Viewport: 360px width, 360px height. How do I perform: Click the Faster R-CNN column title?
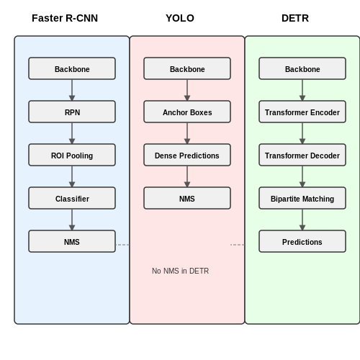[x=65, y=18]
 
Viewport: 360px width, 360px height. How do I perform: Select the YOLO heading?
[x=180, y=18]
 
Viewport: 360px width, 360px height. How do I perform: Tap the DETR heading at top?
[x=295, y=18]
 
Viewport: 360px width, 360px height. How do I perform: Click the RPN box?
[x=72, y=112]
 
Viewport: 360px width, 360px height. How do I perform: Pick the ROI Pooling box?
[x=72, y=155]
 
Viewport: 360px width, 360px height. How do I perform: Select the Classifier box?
[x=72, y=198]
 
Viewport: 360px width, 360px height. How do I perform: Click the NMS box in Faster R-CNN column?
[x=72, y=241]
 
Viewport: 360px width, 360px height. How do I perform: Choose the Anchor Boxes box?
[x=187, y=112]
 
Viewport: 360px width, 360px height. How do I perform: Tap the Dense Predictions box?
[x=187, y=155]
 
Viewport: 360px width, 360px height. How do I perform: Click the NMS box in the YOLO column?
[x=187, y=198]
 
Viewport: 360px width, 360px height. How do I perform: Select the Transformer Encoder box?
[x=302, y=112]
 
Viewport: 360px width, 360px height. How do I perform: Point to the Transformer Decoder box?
[x=302, y=155]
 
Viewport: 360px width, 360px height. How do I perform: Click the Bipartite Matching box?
[x=302, y=198]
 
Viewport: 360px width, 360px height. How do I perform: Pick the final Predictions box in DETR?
[x=302, y=241]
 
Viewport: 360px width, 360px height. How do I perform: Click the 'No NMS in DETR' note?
[x=180, y=271]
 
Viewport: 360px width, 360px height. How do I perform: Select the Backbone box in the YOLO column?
[x=187, y=68]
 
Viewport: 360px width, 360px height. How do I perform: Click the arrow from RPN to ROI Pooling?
[x=72, y=133]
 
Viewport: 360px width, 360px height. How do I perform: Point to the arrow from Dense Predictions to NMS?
[x=187, y=176]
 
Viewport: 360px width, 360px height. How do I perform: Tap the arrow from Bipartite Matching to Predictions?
[x=302, y=220]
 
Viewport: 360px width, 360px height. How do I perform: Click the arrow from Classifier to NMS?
[x=72, y=220]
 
